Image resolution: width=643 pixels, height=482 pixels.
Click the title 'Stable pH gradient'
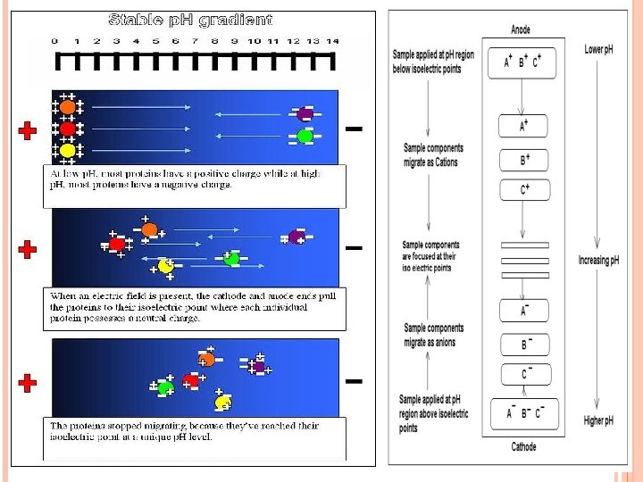click(x=190, y=19)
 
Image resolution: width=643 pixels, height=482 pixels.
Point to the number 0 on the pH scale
click(x=54, y=41)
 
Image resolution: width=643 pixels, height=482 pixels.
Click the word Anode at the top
click(x=520, y=29)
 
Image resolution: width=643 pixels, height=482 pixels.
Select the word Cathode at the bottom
click(x=522, y=446)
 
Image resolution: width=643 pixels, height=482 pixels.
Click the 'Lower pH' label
click(x=598, y=50)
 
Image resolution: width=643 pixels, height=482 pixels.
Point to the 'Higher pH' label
click(x=598, y=420)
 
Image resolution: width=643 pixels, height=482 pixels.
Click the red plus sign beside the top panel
click(x=28, y=131)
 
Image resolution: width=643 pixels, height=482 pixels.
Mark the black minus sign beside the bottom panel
click(x=354, y=382)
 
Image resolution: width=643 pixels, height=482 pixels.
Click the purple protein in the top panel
click(x=304, y=114)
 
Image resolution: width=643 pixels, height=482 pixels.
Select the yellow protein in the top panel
click(x=67, y=151)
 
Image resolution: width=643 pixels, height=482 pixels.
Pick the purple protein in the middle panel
click(x=296, y=237)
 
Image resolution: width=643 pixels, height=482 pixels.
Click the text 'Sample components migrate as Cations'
click(x=433, y=154)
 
